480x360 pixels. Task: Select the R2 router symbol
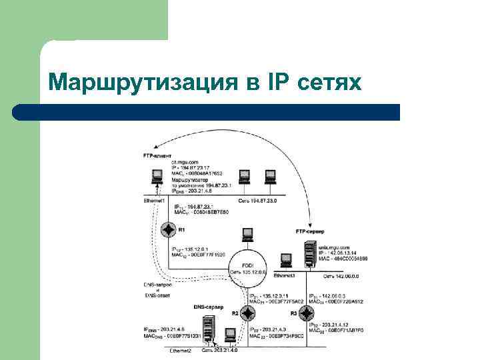(248, 313)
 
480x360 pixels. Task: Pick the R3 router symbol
(307, 313)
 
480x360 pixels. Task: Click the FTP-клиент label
(157, 155)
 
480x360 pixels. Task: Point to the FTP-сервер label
(309, 231)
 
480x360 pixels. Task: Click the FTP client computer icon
(157, 177)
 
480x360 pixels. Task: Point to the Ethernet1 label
(154, 200)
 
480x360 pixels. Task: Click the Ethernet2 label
(180, 350)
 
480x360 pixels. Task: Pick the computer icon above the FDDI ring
(247, 234)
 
